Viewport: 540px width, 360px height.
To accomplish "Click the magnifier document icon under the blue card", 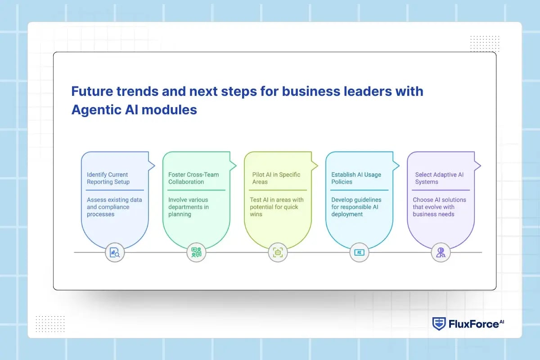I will click(115, 252).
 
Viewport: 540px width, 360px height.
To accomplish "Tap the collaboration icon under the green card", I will click(196, 252).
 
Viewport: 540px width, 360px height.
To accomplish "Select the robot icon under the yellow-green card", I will click(278, 252).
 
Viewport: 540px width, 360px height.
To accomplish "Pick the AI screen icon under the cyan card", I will click(359, 252).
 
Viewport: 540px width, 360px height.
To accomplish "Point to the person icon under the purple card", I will click(441, 252).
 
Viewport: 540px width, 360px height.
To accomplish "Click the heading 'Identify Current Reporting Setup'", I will click(108, 178).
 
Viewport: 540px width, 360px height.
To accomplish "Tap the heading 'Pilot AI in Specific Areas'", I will click(276, 178).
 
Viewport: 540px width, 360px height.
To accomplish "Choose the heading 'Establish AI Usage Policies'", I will click(356, 178).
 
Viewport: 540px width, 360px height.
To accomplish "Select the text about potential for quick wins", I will click(276, 207).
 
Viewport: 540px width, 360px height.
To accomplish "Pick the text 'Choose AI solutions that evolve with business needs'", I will click(439, 207).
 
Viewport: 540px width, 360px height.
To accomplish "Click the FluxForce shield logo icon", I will click(439, 324).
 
